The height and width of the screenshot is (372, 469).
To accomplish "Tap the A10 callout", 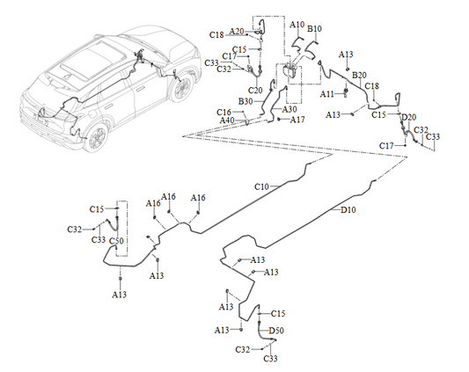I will coord(297,26).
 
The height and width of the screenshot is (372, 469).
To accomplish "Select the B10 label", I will coord(314,29).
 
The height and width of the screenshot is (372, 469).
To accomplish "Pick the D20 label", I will coord(408,117).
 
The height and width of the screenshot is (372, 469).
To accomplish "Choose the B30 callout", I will coord(245,101).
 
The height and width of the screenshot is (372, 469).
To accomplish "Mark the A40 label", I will coord(239,120).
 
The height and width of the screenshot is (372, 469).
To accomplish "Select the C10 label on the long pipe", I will coord(262,187).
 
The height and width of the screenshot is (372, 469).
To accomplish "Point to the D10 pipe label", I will coord(348,210).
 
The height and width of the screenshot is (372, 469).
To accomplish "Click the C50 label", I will coord(115,241).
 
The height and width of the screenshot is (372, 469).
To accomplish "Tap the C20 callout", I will coord(256,90).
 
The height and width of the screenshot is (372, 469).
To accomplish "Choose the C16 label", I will coord(224,113).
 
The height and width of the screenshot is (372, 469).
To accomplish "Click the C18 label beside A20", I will coord(217,34).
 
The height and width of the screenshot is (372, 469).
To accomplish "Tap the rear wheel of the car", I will coord(98,137).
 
